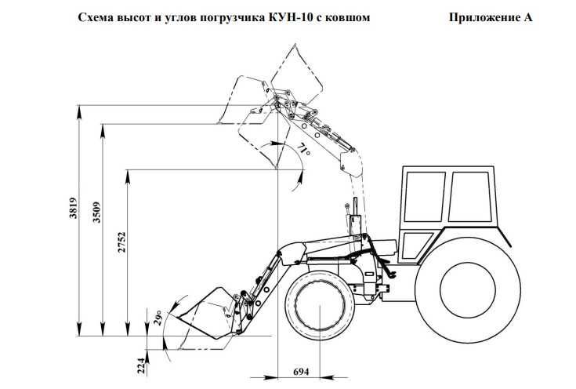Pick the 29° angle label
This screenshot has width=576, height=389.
coord(159,318)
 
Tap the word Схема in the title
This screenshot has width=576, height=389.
coord(96,16)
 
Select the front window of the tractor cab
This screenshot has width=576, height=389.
coord(423,196)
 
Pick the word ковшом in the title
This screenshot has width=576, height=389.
coord(348,16)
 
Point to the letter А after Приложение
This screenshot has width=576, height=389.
coord(527,16)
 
